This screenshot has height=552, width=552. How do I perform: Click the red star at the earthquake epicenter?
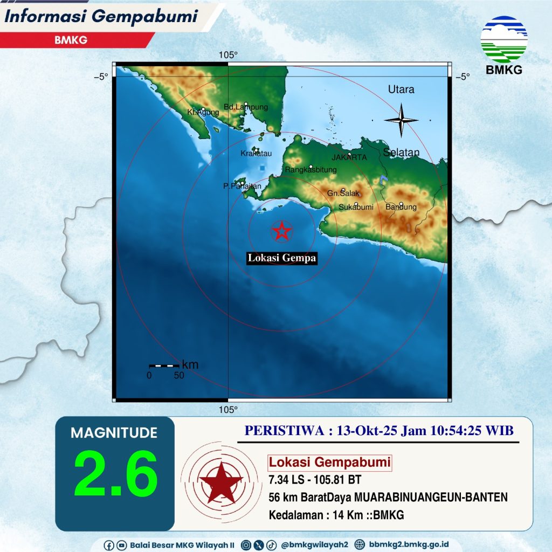tap(281, 231)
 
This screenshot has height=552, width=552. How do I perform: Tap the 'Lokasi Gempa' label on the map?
tap(281, 259)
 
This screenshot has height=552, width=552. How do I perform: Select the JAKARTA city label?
tap(349, 158)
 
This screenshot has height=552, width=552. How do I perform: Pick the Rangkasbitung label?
tap(310, 170)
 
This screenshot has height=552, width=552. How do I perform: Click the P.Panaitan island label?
tap(242, 187)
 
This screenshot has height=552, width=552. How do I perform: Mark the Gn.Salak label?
tap(340, 194)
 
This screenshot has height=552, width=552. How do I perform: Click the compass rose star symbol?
tap(401, 120)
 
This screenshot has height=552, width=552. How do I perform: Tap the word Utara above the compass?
tap(401, 89)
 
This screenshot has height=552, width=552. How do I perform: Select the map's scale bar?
tap(164, 366)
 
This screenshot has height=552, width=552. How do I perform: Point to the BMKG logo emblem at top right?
tap(504, 39)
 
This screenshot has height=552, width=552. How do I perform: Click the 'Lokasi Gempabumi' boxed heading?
tap(329, 463)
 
